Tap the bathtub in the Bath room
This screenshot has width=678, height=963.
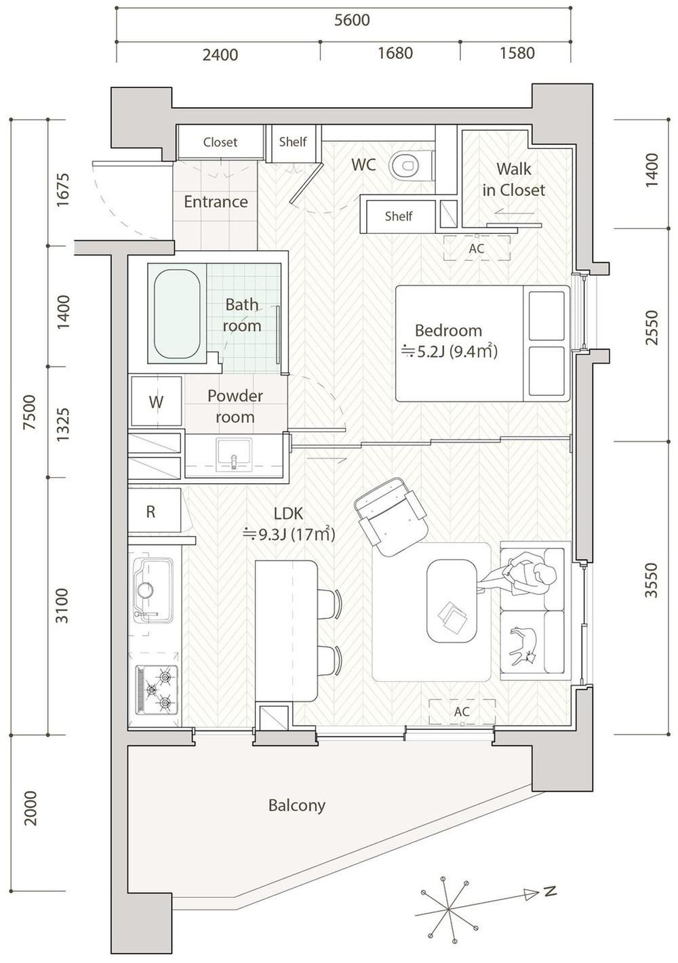(177, 314)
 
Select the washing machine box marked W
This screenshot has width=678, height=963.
(156, 402)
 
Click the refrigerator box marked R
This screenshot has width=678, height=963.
(154, 511)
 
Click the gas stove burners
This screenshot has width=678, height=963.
(157, 690)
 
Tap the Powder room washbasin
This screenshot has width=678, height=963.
(234, 455)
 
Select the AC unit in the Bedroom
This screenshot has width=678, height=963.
(477, 248)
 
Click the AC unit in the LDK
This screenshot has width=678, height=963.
(462, 712)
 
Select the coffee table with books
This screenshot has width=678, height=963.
(452, 601)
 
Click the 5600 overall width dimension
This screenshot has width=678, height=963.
(352, 20)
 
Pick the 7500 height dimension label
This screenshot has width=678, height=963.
(30, 412)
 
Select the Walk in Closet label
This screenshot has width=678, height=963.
(514, 180)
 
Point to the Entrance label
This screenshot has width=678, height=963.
(216, 202)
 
